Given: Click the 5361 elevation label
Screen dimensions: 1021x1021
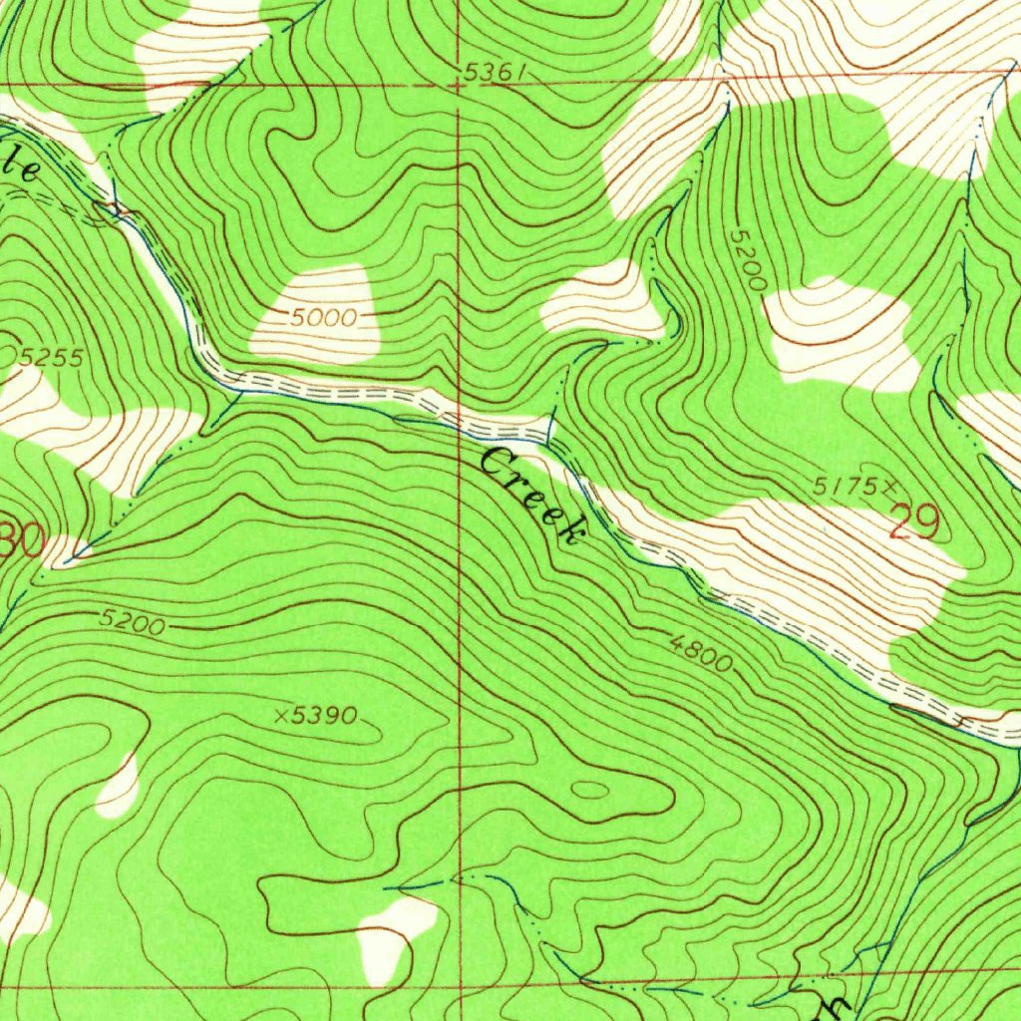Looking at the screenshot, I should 494,73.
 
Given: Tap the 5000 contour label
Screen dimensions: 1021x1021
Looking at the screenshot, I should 324,318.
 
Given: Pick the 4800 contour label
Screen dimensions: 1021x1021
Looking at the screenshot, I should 701,654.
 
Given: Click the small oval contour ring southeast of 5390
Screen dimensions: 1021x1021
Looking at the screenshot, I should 590,790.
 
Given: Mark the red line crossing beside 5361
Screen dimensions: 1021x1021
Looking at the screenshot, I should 458,85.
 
